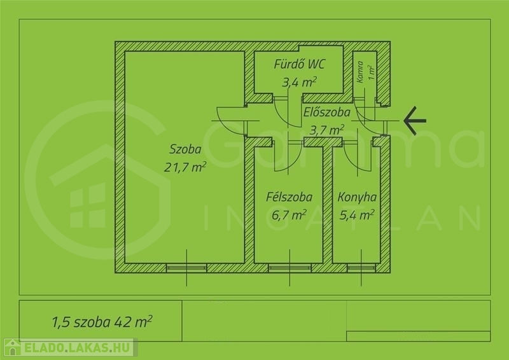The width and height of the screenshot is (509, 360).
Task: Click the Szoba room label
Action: (x=185, y=149)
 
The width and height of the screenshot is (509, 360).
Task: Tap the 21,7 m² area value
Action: (x=185, y=167)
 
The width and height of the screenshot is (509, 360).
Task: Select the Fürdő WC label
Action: (x=299, y=64)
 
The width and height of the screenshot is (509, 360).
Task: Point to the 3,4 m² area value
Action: (x=299, y=82)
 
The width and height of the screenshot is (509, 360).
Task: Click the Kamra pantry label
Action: (x=360, y=72)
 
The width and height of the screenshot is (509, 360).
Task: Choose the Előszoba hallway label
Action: (x=327, y=113)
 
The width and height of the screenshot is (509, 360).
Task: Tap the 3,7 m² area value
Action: (x=327, y=130)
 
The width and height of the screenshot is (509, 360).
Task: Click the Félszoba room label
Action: (x=289, y=197)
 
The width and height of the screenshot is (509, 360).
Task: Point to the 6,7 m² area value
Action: (x=289, y=215)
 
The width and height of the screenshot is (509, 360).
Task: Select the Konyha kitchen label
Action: (x=357, y=197)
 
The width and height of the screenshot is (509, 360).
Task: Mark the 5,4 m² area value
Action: (x=357, y=214)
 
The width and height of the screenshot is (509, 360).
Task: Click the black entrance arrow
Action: (x=415, y=120)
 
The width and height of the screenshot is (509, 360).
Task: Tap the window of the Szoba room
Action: (x=186, y=268)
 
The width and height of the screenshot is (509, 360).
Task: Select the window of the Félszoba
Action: (x=289, y=268)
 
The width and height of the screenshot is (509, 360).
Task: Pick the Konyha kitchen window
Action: (x=361, y=268)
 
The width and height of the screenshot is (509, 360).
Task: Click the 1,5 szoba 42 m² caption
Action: (x=102, y=322)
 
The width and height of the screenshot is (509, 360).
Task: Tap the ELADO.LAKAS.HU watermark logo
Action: (x=70, y=347)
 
